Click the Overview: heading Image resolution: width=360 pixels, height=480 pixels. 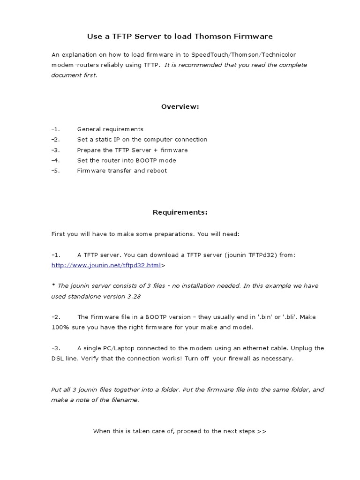[x=180, y=106]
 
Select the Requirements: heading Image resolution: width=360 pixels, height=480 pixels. [x=180, y=212]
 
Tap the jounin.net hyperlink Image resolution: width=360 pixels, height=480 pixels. [x=106, y=265]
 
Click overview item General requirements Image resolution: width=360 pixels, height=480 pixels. [x=110, y=129]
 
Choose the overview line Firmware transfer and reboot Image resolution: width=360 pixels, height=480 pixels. [x=122, y=171]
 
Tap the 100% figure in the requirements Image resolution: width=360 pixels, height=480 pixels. [x=59, y=327]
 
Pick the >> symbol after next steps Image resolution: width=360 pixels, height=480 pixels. [x=262, y=431]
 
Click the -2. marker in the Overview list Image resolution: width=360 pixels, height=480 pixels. [x=56, y=139]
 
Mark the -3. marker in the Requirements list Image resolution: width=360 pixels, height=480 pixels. [x=56, y=348]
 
